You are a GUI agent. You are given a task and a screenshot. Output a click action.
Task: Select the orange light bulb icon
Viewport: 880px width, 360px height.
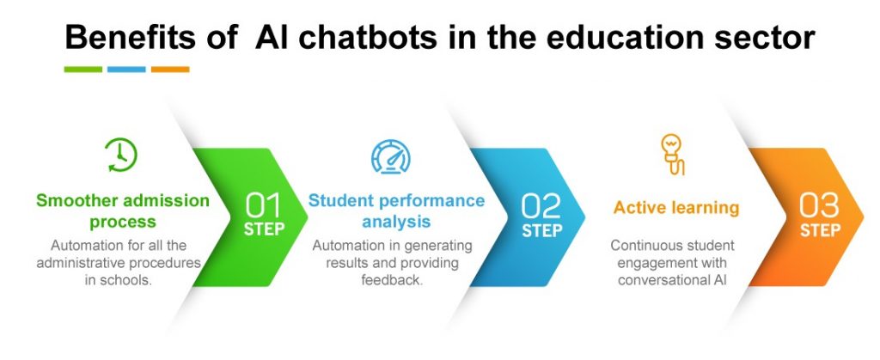coord(672,154)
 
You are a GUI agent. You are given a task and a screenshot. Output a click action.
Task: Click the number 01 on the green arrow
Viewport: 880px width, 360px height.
coord(264,207)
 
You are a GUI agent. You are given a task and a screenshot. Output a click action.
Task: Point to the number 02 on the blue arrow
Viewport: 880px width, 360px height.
coord(541,207)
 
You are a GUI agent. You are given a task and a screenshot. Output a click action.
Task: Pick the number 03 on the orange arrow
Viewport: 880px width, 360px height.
coord(820,207)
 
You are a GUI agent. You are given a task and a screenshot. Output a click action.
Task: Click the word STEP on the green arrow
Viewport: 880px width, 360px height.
coord(264,230)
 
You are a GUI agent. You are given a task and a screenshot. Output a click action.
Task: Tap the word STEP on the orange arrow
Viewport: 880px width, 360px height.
coord(820,230)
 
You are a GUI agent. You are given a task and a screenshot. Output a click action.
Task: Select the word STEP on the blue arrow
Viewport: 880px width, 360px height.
coord(542,230)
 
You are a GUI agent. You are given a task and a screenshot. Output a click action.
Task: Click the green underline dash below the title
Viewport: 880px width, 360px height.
coord(83,70)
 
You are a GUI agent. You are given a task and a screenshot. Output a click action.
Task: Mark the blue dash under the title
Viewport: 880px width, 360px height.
coord(126,70)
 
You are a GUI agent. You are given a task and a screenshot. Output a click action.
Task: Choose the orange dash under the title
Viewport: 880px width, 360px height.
coord(170,70)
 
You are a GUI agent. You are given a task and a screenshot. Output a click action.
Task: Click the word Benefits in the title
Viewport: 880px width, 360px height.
coord(131,38)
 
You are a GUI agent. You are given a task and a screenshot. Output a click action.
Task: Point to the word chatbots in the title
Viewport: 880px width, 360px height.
coord(373,38)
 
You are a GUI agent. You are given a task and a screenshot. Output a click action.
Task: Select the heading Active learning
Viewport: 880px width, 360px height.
coord(676,208)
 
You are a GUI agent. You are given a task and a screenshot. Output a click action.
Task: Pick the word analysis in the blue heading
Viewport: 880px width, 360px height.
coord(397,223)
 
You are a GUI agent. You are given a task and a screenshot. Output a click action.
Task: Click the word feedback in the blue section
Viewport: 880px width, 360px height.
coord(392,280)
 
